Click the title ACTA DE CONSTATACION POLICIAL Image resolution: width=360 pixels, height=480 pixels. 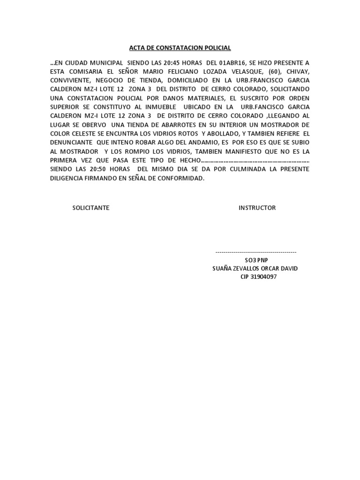[180, 48]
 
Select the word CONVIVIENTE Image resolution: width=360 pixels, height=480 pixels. [70, 80]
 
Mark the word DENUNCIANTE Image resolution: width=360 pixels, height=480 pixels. [71, 142]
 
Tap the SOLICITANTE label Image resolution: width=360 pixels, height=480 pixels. [90, 208]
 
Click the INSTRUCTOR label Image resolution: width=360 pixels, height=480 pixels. [257, 208]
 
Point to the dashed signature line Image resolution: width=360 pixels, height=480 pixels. [255, 252]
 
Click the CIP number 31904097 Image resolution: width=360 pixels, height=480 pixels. [264, 277]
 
